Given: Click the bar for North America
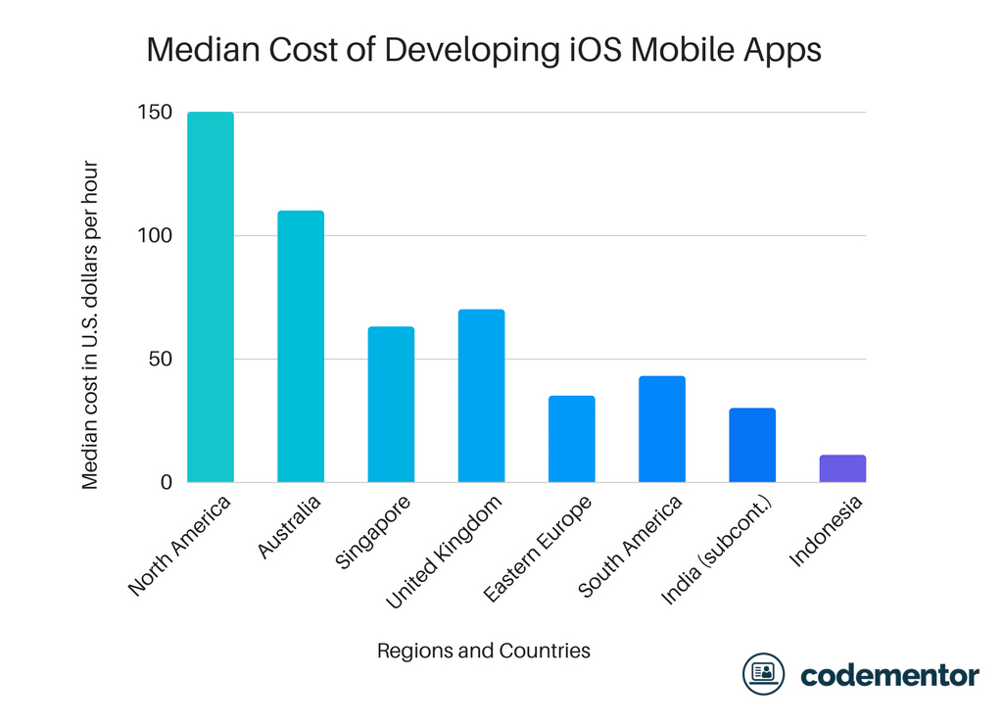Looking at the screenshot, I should tap(210, 297).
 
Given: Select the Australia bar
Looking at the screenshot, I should tap(301, 346).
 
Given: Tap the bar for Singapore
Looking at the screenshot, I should tap(391, 404).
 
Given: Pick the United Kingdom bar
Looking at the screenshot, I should tap(481, 396).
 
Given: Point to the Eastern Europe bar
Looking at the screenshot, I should tap(571, 439).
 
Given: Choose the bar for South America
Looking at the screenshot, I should tap(661, 429).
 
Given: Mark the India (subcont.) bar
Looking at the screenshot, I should tap(752, 445).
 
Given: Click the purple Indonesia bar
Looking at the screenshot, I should tap(842, 468).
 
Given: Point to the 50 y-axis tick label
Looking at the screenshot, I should tap(159, 360).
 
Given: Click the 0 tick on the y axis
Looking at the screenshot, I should tap(166, 482).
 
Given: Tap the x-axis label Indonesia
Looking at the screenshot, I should tap(827, 531).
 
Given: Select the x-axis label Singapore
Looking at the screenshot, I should tap(373, 534).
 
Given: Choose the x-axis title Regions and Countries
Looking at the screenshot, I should tap(483, 651).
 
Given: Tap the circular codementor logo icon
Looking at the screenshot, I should tap(763, 674).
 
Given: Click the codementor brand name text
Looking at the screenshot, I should tap(888, 675).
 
